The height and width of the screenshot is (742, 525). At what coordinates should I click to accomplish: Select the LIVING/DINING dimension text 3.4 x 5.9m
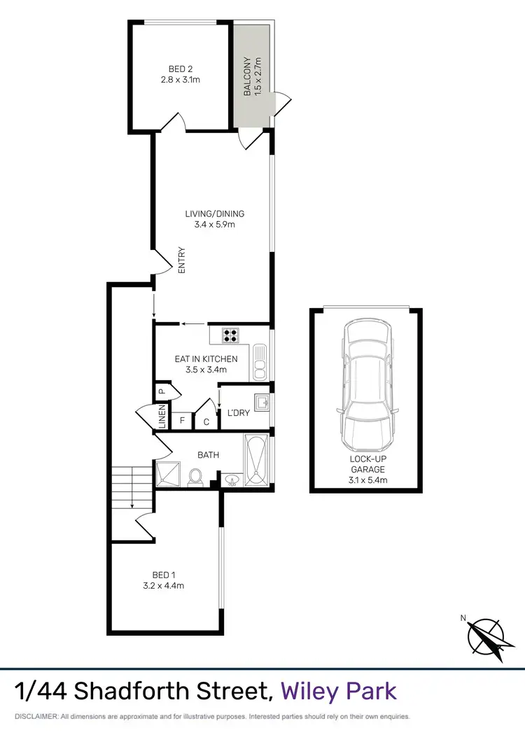pos(214,225)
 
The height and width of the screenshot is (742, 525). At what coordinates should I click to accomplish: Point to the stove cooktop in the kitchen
pos(231,335)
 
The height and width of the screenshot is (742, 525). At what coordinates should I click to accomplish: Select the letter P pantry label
pos(160,392)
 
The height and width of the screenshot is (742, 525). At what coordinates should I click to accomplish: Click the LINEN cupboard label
pos(162,417)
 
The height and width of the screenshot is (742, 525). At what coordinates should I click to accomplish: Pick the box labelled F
pos(183,421)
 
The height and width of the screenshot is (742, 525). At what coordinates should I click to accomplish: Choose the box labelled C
pos(206,421)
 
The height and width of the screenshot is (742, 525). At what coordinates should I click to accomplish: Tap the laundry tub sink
pos(261,403)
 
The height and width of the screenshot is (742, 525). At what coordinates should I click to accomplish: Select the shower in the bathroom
pos(168,475)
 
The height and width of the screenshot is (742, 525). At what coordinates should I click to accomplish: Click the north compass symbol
pos(486,637)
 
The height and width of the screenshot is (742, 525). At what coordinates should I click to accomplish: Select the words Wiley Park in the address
pos(339,691)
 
